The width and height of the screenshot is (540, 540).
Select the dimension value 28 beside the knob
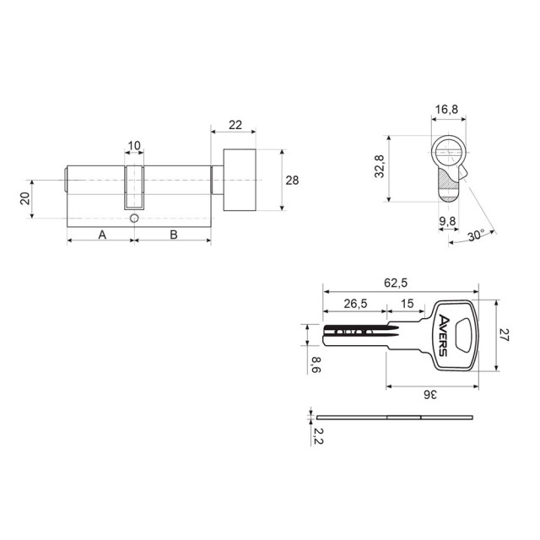pos(292,181)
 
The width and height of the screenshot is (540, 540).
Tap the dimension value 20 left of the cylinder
pos(25,198)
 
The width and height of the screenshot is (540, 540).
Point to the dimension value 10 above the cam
pos(134,146)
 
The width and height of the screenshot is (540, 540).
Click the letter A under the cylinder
pos(101,234)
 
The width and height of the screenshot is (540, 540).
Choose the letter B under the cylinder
pos(173,234)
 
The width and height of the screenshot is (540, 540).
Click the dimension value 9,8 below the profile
pos(448,223)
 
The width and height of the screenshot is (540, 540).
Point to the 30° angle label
pos(478,235)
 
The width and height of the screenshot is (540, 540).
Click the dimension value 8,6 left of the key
pos(315,364)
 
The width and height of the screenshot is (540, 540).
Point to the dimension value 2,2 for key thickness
pos(315,436)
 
